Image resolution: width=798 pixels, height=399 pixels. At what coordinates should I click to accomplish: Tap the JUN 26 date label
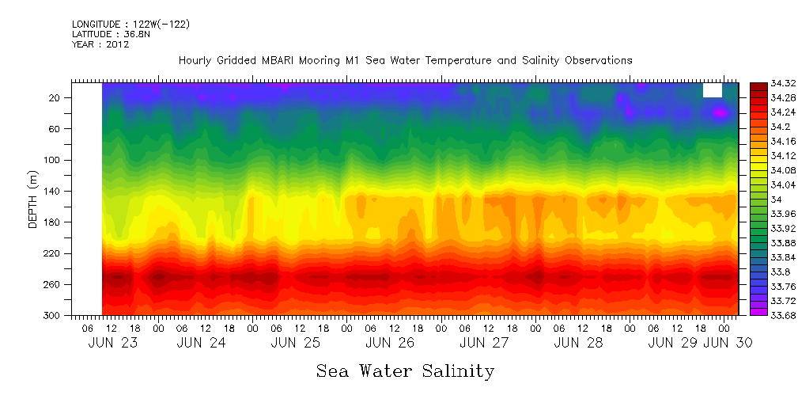coord(389,343)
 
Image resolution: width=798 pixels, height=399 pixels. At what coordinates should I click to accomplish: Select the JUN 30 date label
coord(727,343)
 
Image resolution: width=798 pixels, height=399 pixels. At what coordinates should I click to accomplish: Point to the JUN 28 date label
coord(578,343)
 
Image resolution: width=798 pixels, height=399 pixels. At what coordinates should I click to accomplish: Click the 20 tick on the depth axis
coord(55,97)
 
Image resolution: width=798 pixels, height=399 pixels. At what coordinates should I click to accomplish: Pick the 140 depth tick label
coord(53,191)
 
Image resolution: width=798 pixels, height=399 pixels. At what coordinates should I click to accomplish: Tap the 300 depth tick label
coord(53,315)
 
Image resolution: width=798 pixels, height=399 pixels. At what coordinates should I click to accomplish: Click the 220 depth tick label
coord(53,253)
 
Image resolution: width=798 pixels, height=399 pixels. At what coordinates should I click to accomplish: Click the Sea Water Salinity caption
coord(405,371)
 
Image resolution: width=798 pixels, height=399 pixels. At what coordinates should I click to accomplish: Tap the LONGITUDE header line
coord(130,25)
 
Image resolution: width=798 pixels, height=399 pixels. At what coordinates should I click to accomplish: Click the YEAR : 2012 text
coord(100,45)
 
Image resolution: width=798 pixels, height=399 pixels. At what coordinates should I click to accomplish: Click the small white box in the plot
coord(712,89)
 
